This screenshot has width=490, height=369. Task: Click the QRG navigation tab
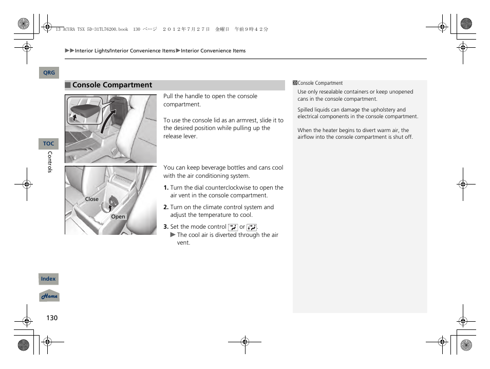click(x=49, y=73)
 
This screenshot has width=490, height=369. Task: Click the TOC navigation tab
click(x=48, y=144)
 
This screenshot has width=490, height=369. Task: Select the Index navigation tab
click(x=48, y=279)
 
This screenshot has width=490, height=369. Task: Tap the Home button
click(x=49, y=296)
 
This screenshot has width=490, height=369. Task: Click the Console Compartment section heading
click(x=112, y=85)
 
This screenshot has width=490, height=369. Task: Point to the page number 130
click(x=52, y=318)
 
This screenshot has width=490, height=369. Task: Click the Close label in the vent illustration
click(x=92, y=199)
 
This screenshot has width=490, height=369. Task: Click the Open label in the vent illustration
click(x=118, y=217)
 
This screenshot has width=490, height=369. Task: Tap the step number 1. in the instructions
click(x=166, y=188)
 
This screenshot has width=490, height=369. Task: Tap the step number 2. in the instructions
click(x=166, y=208)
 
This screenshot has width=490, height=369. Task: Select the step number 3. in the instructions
click(x=166, y=227)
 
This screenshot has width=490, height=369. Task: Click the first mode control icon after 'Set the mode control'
click(x=233, y=227)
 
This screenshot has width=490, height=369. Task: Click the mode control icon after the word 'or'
click(x=251, y=227)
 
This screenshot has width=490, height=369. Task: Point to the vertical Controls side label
click(x=50, y=162)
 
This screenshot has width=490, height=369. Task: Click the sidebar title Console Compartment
click(x=320, y=83)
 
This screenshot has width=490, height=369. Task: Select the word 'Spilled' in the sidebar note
click(x=306, y=110)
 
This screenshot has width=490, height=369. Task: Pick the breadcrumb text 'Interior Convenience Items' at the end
click(x=213, y=51)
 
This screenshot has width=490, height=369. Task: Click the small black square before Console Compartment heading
click(x=67, y=85)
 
